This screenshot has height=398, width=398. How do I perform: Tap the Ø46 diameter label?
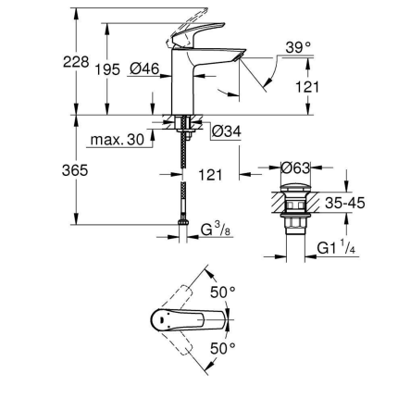[x=144, y=69]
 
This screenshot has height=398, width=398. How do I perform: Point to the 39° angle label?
[x=298, y=47]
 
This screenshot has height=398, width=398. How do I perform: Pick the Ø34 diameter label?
[x=226, y=132]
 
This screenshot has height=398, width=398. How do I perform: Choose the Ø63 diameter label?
[x=294, y=168]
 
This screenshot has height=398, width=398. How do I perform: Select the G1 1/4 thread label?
[x=334, y=248]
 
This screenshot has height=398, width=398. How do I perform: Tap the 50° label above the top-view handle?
[x=222, y=291]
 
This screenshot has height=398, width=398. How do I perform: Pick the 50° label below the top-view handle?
[x=222, y=349]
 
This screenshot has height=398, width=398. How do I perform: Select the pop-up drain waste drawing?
[x=295, y=214]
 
